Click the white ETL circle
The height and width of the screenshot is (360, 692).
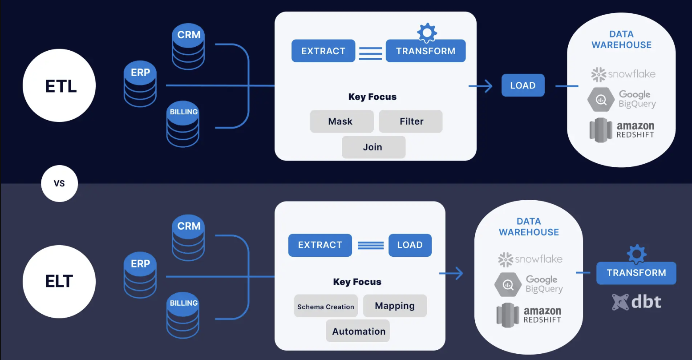(x=59, y=85)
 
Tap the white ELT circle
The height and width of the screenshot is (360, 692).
(x=59, y=281)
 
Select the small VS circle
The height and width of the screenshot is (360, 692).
(x=59, y=183)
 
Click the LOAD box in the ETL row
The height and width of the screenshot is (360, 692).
(x=523, y=85)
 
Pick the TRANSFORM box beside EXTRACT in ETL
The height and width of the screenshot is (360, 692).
(x=425, y=51)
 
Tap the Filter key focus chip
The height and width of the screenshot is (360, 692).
(x=411, y=121)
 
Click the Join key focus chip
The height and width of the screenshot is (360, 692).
(x=373, y=147)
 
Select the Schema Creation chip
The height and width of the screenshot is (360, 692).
(x=326, y=306)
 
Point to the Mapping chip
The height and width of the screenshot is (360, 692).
(x=395, y=306)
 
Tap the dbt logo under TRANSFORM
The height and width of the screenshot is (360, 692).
(x=636, y=302)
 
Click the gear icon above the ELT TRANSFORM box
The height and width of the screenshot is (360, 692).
(x=636, y=254)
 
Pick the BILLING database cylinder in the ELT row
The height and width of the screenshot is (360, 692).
(x=183, y=316)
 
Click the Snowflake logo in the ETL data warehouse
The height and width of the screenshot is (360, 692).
(x=623, y=74)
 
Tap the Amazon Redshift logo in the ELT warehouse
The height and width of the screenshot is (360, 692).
(x=529, y=315)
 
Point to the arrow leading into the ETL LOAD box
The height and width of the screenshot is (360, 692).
(x=481, y=85)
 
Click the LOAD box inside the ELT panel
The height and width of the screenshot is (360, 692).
(x=410, y=245)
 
